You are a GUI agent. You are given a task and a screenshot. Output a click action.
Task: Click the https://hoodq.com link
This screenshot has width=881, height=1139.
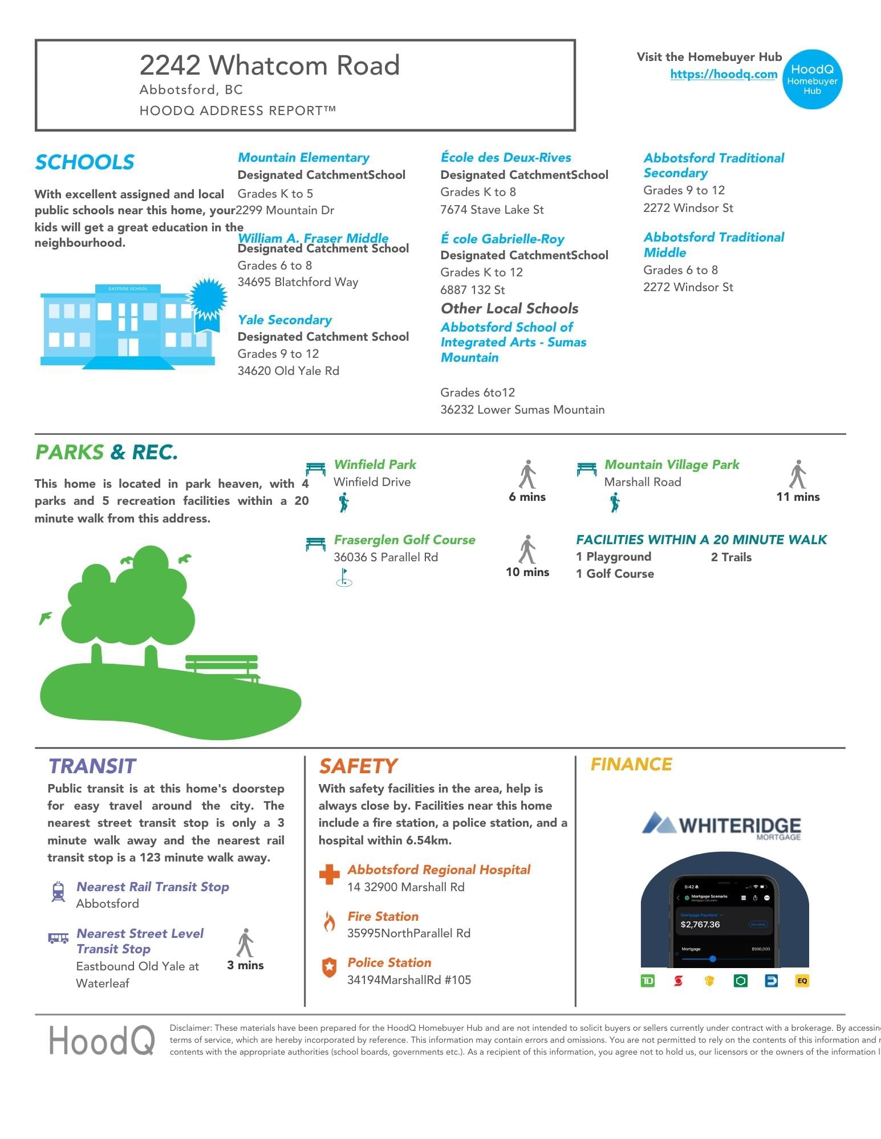723,74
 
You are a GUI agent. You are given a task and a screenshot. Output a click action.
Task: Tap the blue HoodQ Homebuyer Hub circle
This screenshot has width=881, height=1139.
812,79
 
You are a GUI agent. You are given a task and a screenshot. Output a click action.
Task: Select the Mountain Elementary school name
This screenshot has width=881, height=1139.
303,158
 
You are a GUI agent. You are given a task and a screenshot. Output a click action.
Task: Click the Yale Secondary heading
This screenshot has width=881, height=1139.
285,320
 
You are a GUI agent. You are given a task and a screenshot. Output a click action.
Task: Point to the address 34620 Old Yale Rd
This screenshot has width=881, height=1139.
288,371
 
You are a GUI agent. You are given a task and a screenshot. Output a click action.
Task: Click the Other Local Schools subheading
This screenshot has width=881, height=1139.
509,308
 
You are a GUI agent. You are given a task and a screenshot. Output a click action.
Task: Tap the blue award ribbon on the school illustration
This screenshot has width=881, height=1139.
208,302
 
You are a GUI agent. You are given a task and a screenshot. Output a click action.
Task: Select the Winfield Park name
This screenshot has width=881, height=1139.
375,464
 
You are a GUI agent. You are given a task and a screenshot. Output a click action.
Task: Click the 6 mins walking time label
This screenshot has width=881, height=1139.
527,497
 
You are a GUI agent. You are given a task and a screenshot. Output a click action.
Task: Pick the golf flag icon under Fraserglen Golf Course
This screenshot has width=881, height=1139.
344,577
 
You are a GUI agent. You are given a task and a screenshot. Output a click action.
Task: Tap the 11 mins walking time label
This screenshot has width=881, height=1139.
798,497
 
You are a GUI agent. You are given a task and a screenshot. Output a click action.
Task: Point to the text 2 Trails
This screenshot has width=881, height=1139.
731,557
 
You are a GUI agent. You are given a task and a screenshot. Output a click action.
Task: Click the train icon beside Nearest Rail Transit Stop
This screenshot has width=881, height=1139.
58,892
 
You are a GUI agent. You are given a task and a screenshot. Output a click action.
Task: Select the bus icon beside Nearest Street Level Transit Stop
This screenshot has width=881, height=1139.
58,938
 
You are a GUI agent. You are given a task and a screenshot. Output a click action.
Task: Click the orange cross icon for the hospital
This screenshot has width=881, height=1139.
329,875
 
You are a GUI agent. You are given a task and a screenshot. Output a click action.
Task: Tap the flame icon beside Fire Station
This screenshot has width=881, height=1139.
329,921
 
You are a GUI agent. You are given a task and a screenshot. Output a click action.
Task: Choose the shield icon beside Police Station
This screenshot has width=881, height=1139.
329,967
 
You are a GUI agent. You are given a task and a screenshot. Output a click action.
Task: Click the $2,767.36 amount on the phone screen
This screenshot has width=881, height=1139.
700,924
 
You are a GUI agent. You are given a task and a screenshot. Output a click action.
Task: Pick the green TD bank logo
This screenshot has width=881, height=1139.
648,981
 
